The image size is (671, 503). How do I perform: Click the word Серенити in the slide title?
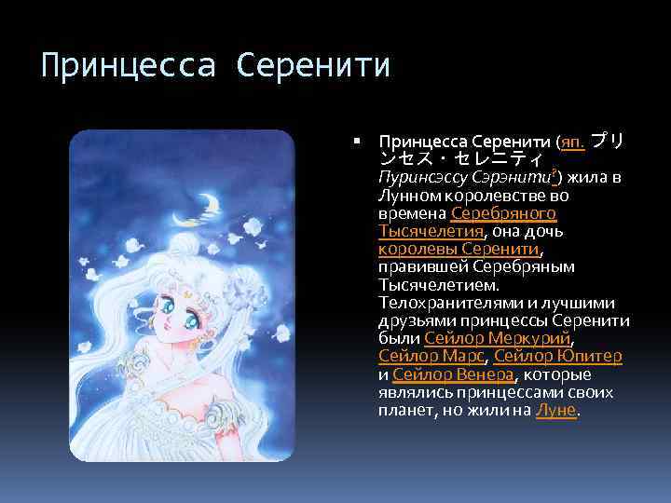point(314,67)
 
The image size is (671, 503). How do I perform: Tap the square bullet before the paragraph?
point(359,143)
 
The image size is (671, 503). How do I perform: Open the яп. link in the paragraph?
point(571,143)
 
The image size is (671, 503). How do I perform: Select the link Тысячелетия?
point(431,232)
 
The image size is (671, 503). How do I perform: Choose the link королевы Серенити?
point(459,250)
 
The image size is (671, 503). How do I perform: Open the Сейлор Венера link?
point(453,374)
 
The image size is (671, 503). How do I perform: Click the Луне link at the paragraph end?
point(557,410)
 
